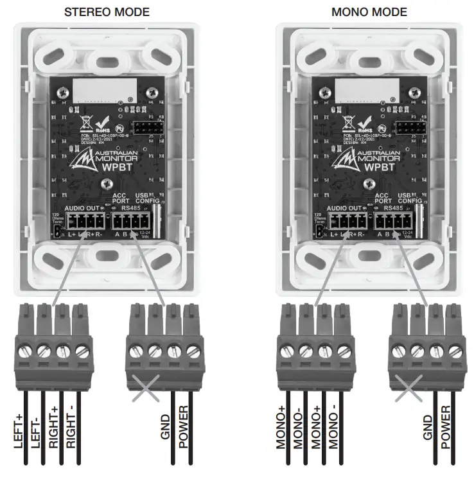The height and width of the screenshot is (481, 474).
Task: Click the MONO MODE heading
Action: (x=369, y=12)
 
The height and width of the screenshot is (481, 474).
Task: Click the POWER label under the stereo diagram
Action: (x=183, y=424)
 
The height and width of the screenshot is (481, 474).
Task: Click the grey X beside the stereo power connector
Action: (x=146, y=387)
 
